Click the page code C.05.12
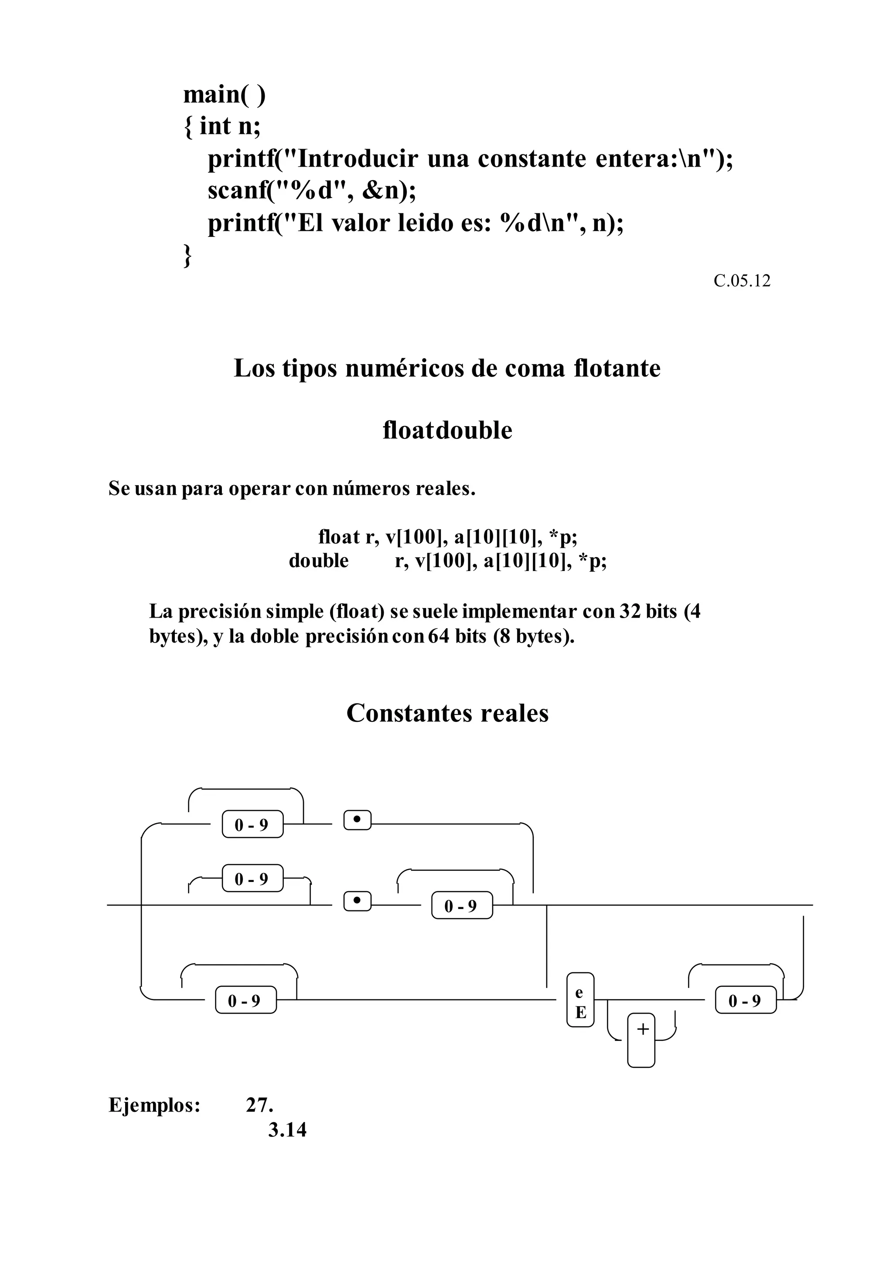(742, 281)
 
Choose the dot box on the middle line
(357, 901)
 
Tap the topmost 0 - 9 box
(252, 825)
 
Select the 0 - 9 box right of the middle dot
(462, 906)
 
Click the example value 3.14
(287, 1130)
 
